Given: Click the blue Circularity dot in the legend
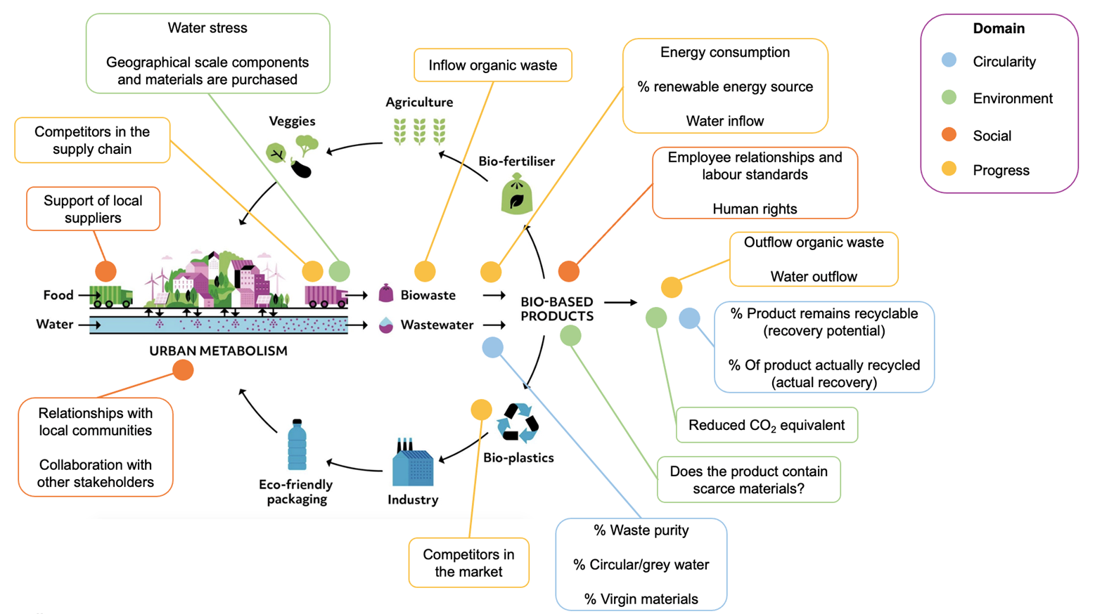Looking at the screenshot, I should pos(949,60).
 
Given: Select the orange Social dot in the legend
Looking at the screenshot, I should pos(949,134).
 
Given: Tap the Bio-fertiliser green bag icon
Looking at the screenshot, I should pos(516,194).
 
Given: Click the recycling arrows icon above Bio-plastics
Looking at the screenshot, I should pos(518,422).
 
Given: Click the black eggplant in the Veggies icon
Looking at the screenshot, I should pos(301,169).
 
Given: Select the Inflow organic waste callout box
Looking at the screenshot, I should pos(492,65).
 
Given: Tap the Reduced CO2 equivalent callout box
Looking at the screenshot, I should pos(766,425).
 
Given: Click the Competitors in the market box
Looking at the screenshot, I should pos(468,563).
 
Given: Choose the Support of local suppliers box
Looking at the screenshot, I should pos(93,209).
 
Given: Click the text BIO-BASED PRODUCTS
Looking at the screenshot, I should pos(556,309).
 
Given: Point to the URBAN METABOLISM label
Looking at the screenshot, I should pos(218,351).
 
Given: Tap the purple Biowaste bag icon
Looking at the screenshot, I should pos(385,294).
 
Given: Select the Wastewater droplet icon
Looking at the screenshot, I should pos(385,325).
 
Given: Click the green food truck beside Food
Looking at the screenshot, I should pos(111,296).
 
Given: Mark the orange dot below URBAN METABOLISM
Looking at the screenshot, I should pos(183,370).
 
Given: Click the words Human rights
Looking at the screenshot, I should pos(755,209).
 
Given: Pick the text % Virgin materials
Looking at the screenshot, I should pos(641,599).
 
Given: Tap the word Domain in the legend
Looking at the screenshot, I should pos(998,29).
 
